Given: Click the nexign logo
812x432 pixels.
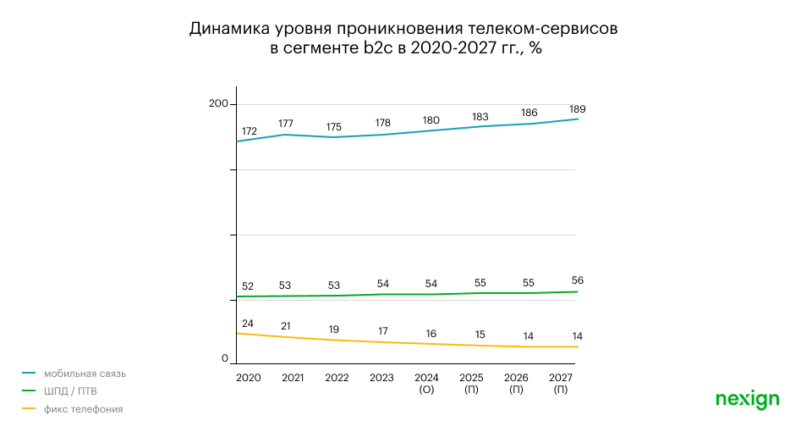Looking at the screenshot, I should pyautogui.click(x=747, y=399).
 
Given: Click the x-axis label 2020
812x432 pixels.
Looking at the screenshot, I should pyautogui.click(x=248, y=378).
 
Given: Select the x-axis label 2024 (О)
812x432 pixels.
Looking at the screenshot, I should pyautogui.click(x=426, y=384).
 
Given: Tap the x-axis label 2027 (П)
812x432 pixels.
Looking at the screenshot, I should pyautogui.click(x=560, y=384).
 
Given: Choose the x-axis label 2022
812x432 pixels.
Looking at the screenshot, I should pyautogui.click(x=337, y=378).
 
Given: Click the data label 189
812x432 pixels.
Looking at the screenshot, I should pyautogui.click(x=578, y=109).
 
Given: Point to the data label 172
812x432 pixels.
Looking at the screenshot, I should pyautogui.click(x=249, y=131).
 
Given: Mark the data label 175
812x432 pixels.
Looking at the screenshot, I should pyautogui.click(x=337, y=127).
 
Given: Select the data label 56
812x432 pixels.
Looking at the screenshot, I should pyautogui.click(x=578, y=280).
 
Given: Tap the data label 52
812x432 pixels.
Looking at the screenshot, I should pyautogui.click(x=248, y=285).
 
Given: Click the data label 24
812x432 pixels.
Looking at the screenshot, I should pyautogui.click(x=248, y=324).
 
